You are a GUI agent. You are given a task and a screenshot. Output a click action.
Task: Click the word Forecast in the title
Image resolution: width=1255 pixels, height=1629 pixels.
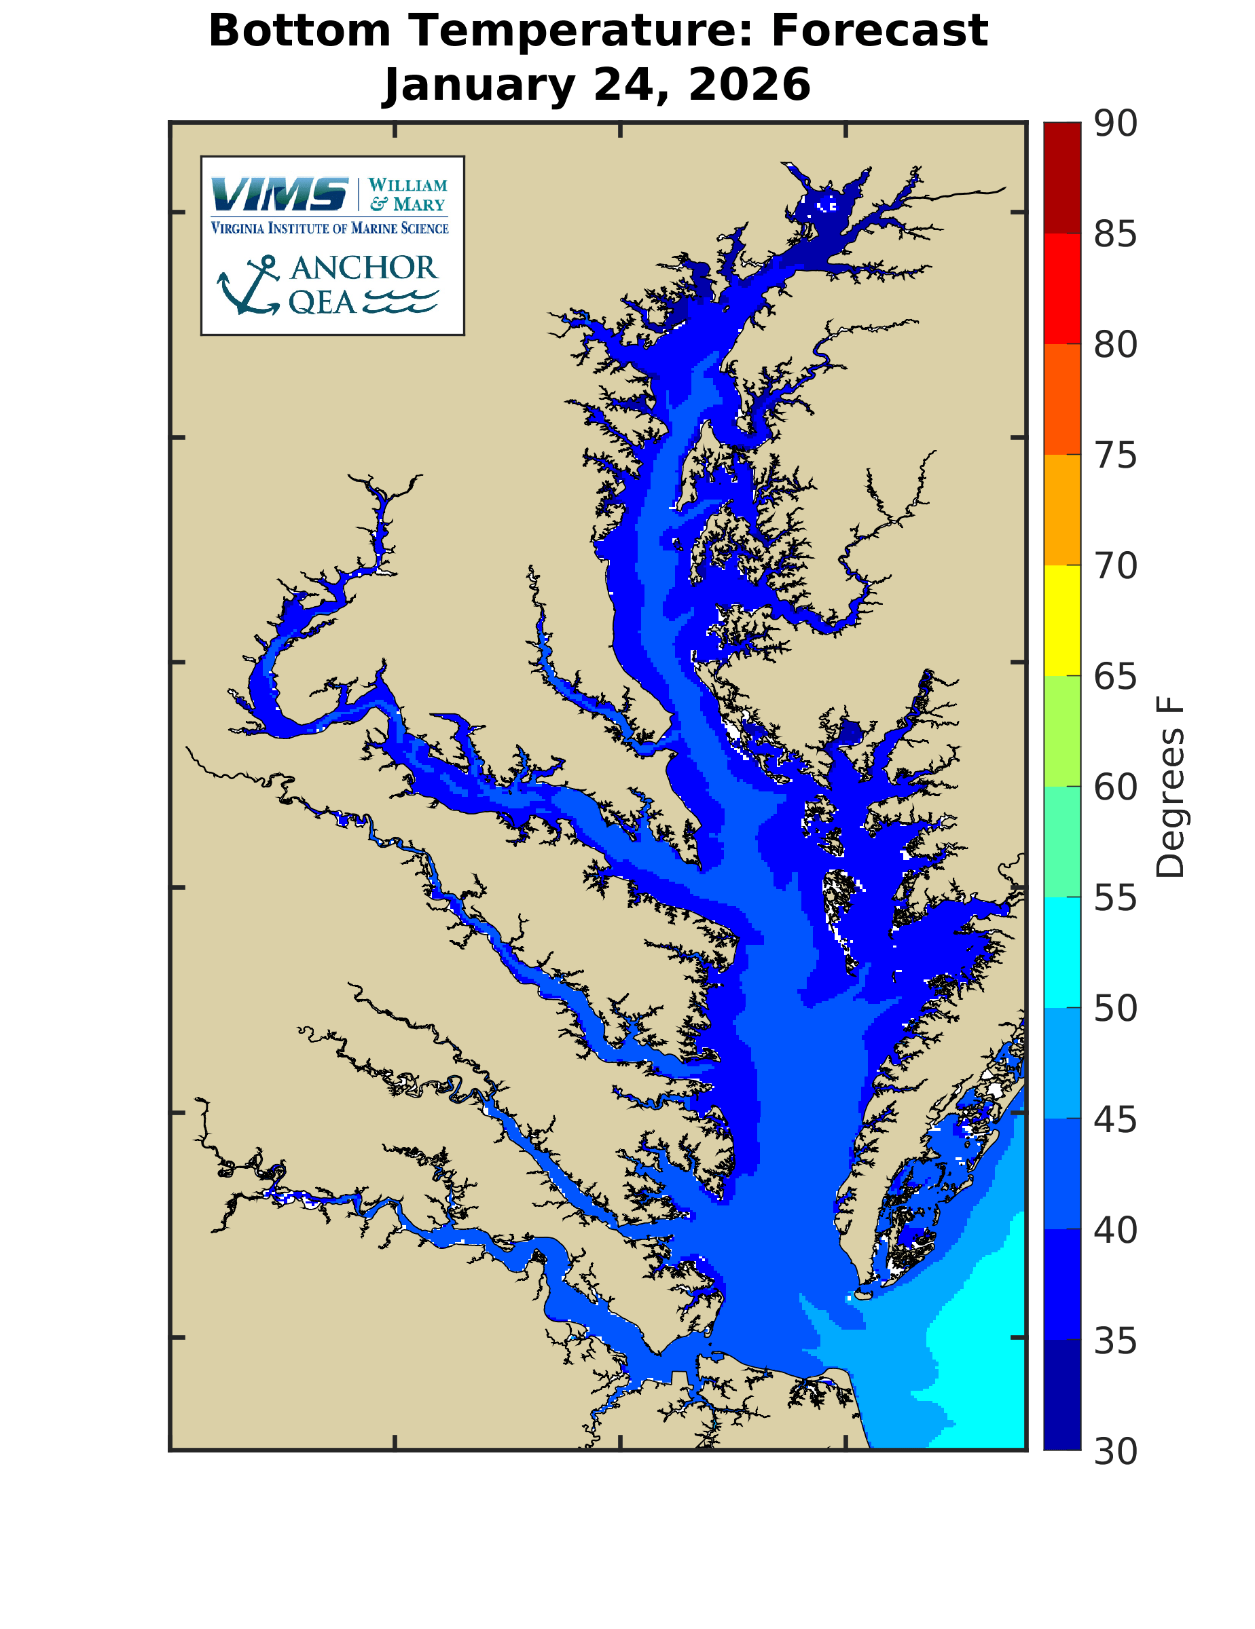click(878, 31)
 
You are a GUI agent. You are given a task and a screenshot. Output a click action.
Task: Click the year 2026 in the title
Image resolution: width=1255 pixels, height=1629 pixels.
click(748, 85)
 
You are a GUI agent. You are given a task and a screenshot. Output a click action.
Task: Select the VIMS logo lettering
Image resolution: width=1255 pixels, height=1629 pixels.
click(279, 194)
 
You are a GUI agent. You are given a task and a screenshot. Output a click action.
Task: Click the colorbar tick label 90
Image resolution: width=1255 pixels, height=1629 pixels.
click(1114, 124)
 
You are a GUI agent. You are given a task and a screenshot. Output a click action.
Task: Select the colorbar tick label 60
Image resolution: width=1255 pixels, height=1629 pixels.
click(1114, 787)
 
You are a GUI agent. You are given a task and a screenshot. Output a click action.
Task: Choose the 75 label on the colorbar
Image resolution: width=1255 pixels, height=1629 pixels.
click(1114, 455)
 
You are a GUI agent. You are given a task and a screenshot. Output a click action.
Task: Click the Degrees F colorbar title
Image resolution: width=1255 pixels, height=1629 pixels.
click(1170, 787)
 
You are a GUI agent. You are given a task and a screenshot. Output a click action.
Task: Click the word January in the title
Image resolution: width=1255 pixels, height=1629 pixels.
click(478, 85)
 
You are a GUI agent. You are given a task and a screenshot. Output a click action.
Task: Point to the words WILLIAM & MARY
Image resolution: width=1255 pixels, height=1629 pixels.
click(407, 194)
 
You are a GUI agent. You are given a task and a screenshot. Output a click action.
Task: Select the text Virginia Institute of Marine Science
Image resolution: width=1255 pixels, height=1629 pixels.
click(330, 228)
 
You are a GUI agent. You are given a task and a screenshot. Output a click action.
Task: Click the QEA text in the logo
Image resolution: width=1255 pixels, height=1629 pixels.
click(322, 302)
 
